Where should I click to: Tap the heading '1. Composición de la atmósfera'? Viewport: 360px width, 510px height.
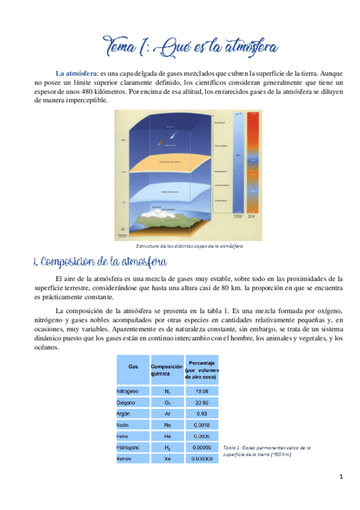tap(99, 263)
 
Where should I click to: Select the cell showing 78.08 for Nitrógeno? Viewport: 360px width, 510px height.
tap(201, 390)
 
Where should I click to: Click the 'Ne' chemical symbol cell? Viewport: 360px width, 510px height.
tap(166, 425)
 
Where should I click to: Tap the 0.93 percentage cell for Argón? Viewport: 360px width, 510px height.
tap(201, 413)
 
